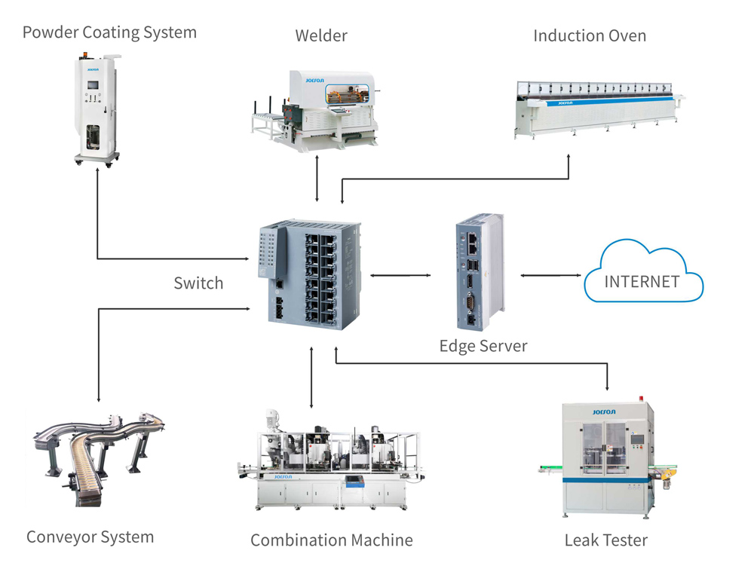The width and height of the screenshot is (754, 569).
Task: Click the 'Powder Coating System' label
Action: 109,32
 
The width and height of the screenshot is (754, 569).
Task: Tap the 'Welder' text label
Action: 321,35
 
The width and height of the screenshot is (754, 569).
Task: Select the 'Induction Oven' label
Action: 589,35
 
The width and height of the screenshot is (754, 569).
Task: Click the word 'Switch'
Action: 198,283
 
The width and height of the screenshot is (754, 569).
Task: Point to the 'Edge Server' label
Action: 483,346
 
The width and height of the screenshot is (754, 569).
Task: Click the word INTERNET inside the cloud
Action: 642,282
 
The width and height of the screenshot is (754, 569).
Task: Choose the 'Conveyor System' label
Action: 90,537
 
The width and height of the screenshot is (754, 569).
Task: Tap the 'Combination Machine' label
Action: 331,540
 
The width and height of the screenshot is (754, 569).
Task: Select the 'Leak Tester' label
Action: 605,540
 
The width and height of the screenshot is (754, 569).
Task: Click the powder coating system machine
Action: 97,109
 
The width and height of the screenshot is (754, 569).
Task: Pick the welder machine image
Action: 317,109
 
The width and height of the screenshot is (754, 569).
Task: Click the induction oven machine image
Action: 596,106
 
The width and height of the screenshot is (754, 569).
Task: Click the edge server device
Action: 478,274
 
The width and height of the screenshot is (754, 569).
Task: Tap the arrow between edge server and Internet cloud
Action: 549,275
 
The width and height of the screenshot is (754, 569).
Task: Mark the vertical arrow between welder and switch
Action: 317,178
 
